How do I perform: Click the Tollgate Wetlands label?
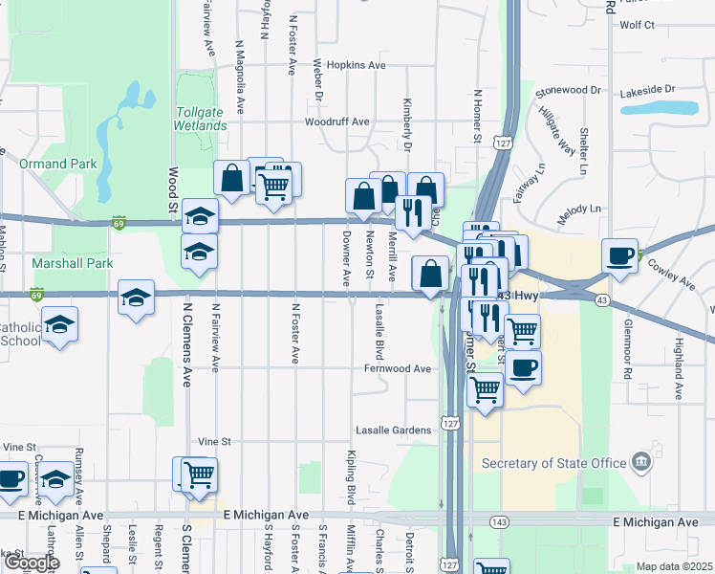tap(201, 119)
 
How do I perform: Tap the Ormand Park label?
tap(58, 164)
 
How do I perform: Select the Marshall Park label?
tap(73, 263)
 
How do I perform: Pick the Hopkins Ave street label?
tap(356, 65)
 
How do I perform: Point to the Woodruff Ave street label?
tap(336, 122)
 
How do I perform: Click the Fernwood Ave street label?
tap(397, 368)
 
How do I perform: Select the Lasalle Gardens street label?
tap(394, 430)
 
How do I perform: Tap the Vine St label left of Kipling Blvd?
tap(215, 442)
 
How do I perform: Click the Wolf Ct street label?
tap(637, 25)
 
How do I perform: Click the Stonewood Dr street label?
tap(568, 90)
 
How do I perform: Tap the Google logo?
tap(32, 563)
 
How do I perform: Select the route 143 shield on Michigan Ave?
tap(498, 521)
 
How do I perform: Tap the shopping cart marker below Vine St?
tap(199, 474)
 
